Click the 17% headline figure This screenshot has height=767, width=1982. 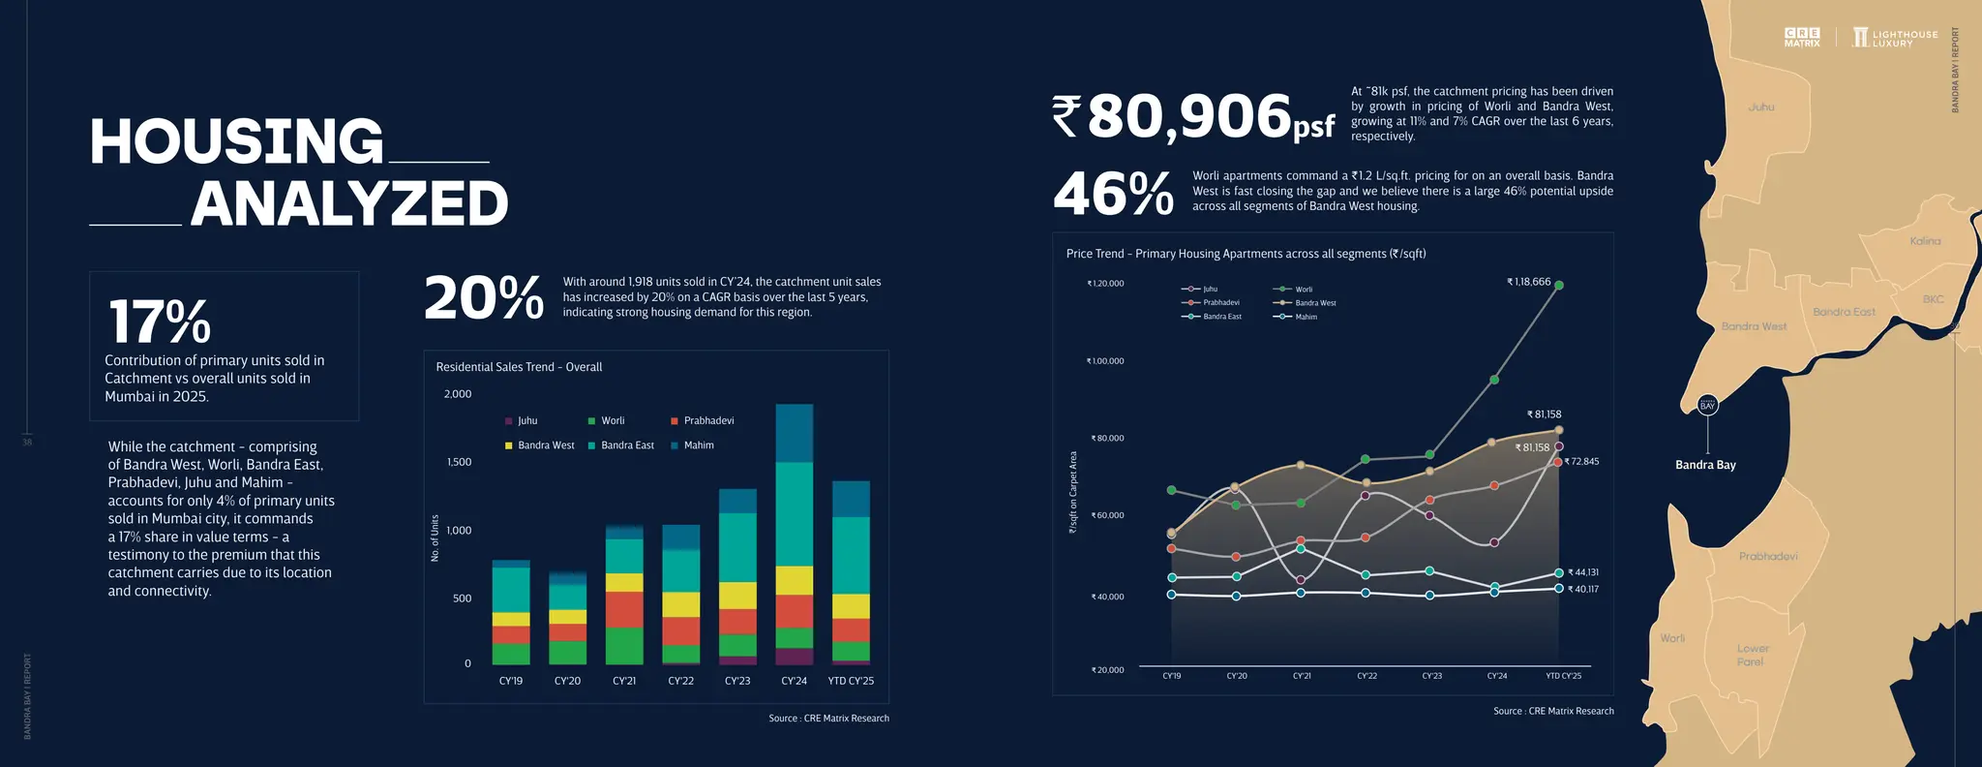click(160, 322)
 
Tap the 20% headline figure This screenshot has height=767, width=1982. click(484, 298)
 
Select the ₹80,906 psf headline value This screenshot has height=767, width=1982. click(1193, 117)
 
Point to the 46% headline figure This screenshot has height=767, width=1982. click(1113, 194)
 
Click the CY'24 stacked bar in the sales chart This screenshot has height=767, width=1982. click(795, 534)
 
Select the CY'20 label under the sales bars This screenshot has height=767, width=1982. click(567, 681)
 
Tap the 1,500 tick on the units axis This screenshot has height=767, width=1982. click(460, 462)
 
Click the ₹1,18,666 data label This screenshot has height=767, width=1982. click(1528, 282)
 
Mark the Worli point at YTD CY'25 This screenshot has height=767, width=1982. click(1558, 285)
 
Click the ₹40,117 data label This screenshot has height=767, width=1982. click(1582, 589)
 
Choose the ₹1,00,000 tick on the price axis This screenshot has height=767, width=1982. click(1105, 361)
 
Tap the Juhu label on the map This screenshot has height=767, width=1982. click(1761, 107)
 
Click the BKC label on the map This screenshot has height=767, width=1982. click(1933, 299)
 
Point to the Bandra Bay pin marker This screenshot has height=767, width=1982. click(1707, 405)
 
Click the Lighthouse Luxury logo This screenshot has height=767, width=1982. click(1895, 38)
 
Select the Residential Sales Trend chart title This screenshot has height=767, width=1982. click(519, 367)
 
